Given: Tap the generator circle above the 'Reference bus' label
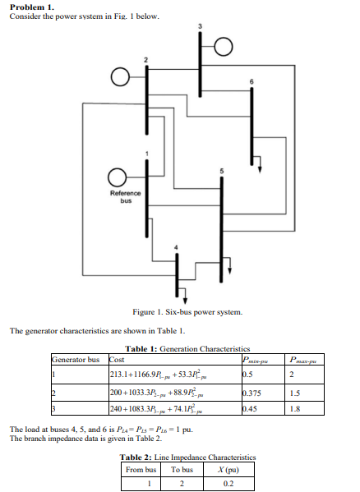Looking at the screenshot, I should tap(119, 177).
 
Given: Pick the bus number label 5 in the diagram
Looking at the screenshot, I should tap(220, 171).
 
